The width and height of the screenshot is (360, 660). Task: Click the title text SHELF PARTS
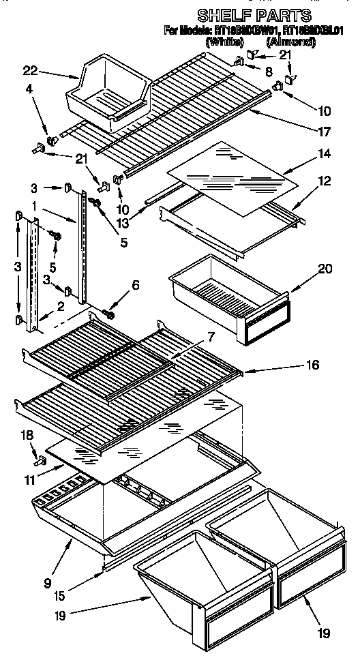pos(254,14)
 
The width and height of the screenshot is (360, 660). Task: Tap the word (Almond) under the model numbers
pos(290,42)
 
